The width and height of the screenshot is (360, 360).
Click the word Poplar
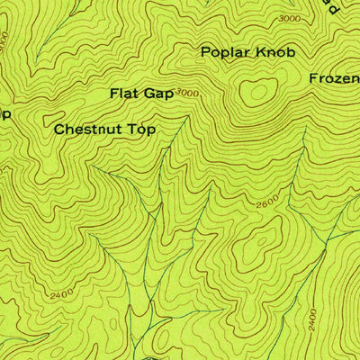click(x=220, y=52)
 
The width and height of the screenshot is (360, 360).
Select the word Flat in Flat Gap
click(x=125, y=93)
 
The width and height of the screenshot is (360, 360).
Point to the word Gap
click(x=160, y=93)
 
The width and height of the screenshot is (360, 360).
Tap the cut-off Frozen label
click(x=335, y=78)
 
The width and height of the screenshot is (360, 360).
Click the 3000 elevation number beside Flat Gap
click(x=186, y=93)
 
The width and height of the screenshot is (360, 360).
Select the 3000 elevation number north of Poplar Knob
click(x=290, y=19)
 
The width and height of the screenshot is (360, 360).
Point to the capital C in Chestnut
click(x=59, y=130)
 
